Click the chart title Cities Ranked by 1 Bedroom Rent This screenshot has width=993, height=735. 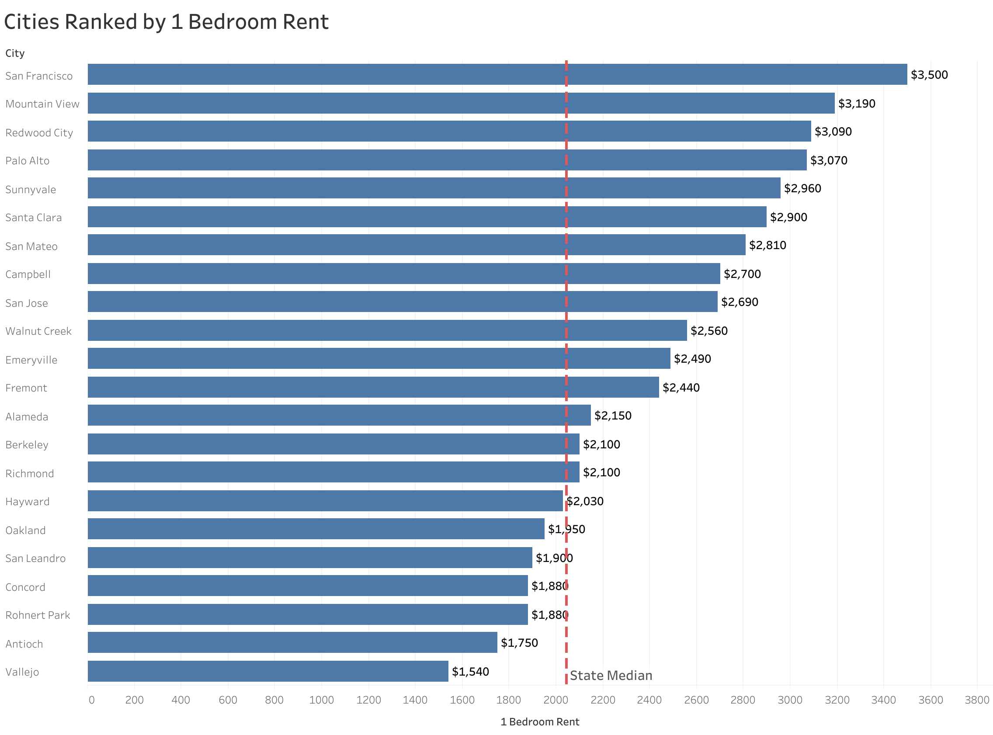coord(166,22)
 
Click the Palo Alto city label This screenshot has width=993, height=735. coord(27,161)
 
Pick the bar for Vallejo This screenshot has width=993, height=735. coord(267,671)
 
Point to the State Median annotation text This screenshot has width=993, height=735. coord(611,676)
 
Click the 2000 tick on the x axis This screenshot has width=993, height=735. coord(555,700)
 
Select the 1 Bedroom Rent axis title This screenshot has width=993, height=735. coord(539,721)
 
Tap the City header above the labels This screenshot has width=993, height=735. coord(15,53)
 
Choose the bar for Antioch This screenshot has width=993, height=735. coord(292,642)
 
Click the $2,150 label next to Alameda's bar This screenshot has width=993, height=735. coord(612,416)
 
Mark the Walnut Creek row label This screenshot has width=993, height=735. coord(38,331)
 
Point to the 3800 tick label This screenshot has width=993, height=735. coord(976,700)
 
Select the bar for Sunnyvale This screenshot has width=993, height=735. coord(433,188)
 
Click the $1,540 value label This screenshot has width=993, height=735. coord(470,671)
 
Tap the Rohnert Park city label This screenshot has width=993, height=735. coord(38,615)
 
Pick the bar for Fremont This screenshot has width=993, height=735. coord(372,387)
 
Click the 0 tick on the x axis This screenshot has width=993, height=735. coord(91,700)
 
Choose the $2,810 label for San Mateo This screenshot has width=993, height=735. coord(767,245)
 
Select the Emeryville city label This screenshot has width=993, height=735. coord(31,360)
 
